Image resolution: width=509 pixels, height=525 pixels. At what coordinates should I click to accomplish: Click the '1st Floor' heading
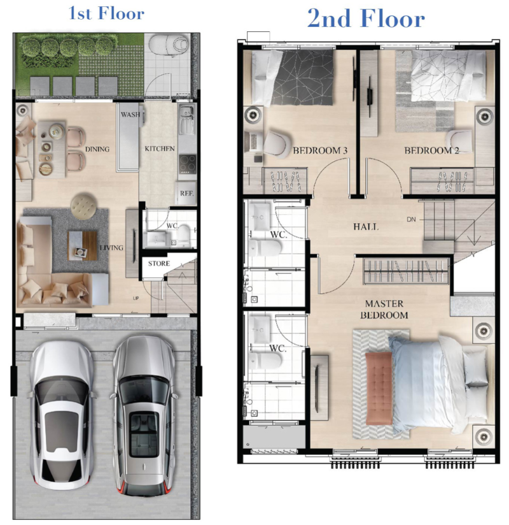pyautogui.click(x=106, y=13)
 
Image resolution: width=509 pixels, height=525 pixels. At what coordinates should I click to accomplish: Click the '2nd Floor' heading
pyautogui.click(x=366, y=18)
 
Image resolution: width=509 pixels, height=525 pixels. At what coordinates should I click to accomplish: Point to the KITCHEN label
pyautogui.click(x=160, y=148)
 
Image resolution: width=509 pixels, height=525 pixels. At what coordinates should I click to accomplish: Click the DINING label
pyautogui.click(x=97, y=149)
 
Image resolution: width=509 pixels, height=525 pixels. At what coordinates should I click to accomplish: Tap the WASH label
pyautogui.click(x=130, y=115)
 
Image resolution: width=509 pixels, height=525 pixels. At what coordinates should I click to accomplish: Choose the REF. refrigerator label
pyautogui.click(x=186, y=193)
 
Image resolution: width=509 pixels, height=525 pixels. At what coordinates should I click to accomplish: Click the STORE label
pyautogui.click(x=159, y=264)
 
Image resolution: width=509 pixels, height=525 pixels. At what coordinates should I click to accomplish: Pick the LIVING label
pyautogui.click(x=112, y=248)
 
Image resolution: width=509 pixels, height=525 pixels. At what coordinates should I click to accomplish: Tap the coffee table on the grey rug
pyautogui.click(x=83, y=245)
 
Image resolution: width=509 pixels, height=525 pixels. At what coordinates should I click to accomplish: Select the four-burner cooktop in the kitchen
pyautogui.click(x=187, y=163)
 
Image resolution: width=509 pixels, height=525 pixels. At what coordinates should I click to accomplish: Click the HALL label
pyautogui.click(x=366, y=227)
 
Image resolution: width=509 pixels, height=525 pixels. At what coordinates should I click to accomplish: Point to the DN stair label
pyautogui.click(x=411, y=219)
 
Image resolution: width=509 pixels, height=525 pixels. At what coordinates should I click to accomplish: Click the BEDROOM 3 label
pyautogui.click(x=320, y=150)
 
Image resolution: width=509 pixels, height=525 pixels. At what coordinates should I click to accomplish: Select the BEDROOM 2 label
pyautogui.click(x=431, y=150)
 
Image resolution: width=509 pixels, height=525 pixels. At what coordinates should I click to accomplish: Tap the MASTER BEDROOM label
pyautogui.click(x=384, y=310)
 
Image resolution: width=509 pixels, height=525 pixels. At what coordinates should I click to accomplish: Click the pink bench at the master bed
pyautogui.click(x=379, y=388)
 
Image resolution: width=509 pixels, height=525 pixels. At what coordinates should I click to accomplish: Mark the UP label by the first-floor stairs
pyautogui.click(x=136, y=298)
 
